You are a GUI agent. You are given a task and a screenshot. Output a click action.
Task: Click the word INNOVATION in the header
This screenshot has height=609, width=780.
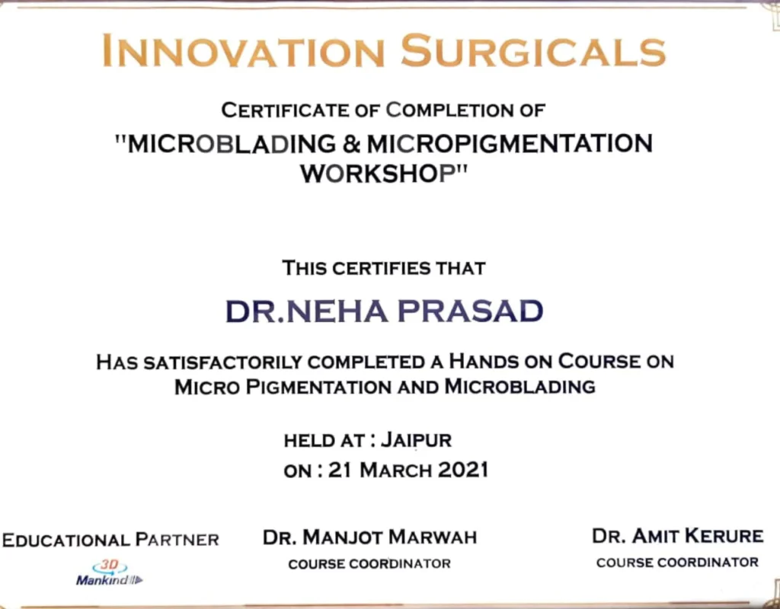tap(243, 51)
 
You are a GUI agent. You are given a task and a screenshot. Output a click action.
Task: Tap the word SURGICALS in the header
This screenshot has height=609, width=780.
tap(533, 51)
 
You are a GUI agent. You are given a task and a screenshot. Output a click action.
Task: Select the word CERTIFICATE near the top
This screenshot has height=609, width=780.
tap(285, 110)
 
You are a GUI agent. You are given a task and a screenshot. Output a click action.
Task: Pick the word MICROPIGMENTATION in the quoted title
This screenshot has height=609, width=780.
tap(510, 144)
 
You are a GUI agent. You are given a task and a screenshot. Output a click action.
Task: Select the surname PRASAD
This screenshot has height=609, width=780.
tap(470, 311)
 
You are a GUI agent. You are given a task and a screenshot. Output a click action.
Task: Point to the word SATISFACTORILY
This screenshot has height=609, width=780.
tap(223, 362)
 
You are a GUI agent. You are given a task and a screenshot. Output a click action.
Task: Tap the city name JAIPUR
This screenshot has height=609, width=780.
tap(417, 441)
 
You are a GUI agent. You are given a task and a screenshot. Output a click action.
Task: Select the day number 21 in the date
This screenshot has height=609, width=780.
tap(340, 470)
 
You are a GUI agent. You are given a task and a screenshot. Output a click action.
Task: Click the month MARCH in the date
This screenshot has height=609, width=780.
tap(395, 470)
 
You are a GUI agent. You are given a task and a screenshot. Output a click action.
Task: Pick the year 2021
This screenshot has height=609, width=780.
tap(463, 470)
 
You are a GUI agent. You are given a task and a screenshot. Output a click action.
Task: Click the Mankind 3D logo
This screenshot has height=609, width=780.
tap(110, 573)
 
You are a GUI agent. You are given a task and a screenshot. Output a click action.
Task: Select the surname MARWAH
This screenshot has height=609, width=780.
tap(433, 537)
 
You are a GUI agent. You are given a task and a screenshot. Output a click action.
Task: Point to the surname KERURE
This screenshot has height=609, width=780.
tap(724, 536)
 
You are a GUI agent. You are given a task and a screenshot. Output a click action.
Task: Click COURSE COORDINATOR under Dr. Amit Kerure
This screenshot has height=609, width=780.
tap(677, 563)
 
